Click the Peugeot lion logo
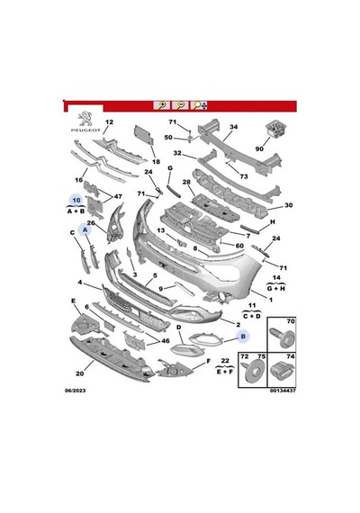(85, 120)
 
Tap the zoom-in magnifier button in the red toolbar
(162, 105)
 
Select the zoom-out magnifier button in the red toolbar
(180, 105)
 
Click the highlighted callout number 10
(76, 200)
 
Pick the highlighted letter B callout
(243, 336)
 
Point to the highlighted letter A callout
(85, 230)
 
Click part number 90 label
(259, 148)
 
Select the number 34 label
(233, 127)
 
